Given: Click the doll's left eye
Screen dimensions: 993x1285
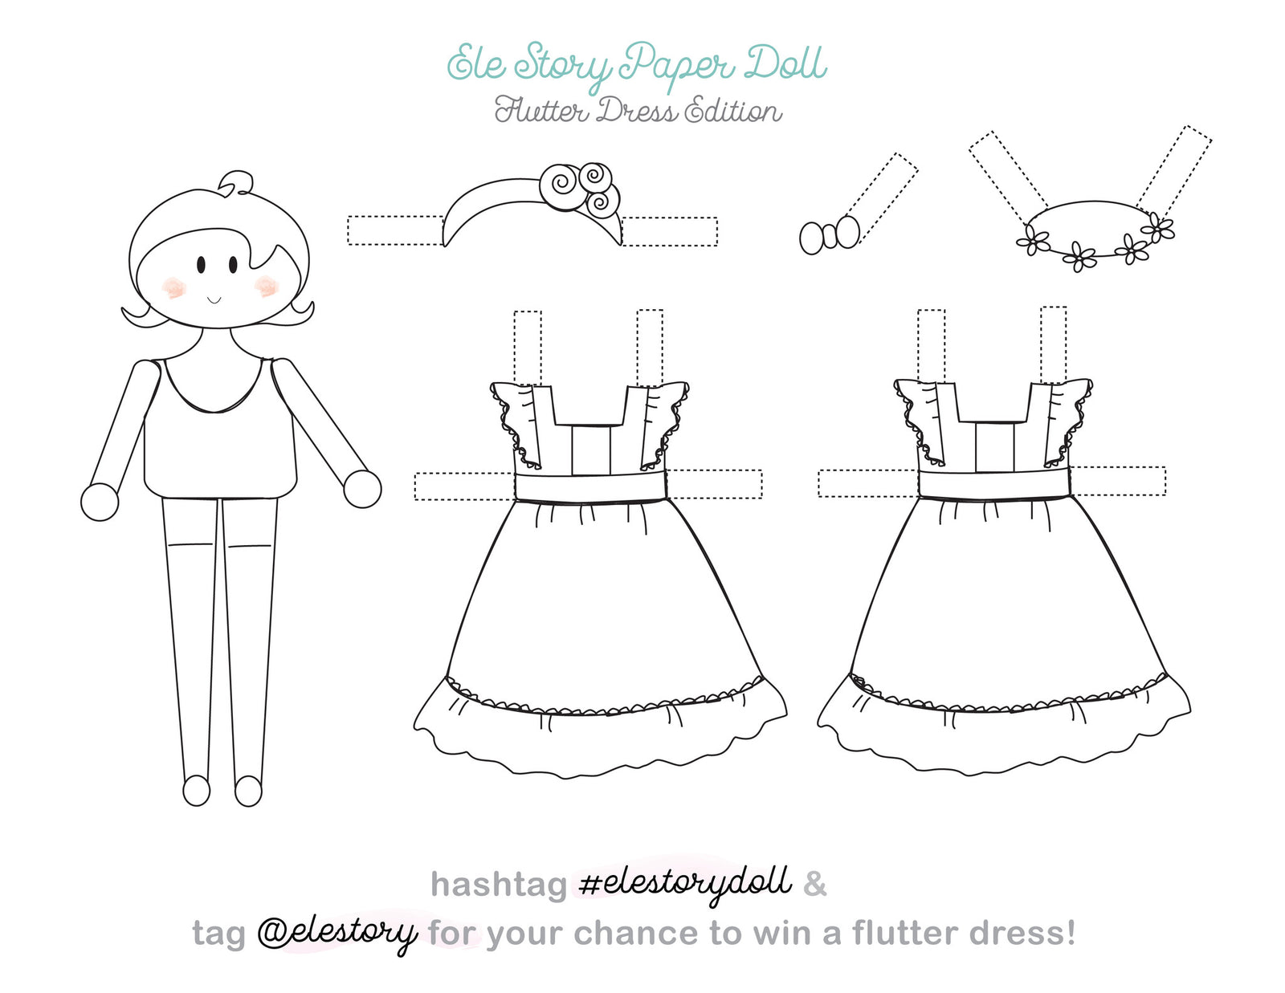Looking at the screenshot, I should pos(201,263).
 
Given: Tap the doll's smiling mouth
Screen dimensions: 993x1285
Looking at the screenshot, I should pos(214,300).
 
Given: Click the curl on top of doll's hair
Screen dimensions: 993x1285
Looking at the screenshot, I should pos(236,183).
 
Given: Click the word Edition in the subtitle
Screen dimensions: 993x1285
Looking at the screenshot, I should pos(732,111).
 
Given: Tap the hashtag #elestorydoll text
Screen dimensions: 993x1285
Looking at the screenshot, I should pos(684,883).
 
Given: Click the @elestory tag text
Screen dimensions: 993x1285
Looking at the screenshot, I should pos(337,932).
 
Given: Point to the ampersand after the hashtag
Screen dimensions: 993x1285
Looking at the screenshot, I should pos(814,884).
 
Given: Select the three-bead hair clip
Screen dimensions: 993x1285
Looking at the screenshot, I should pos(830,236).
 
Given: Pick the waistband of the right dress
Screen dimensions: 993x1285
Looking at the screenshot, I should pos(994,484).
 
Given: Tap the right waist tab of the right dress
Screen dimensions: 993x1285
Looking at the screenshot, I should pos(1119,481).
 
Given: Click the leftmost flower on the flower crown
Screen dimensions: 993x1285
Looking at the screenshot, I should pos(1034,241).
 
